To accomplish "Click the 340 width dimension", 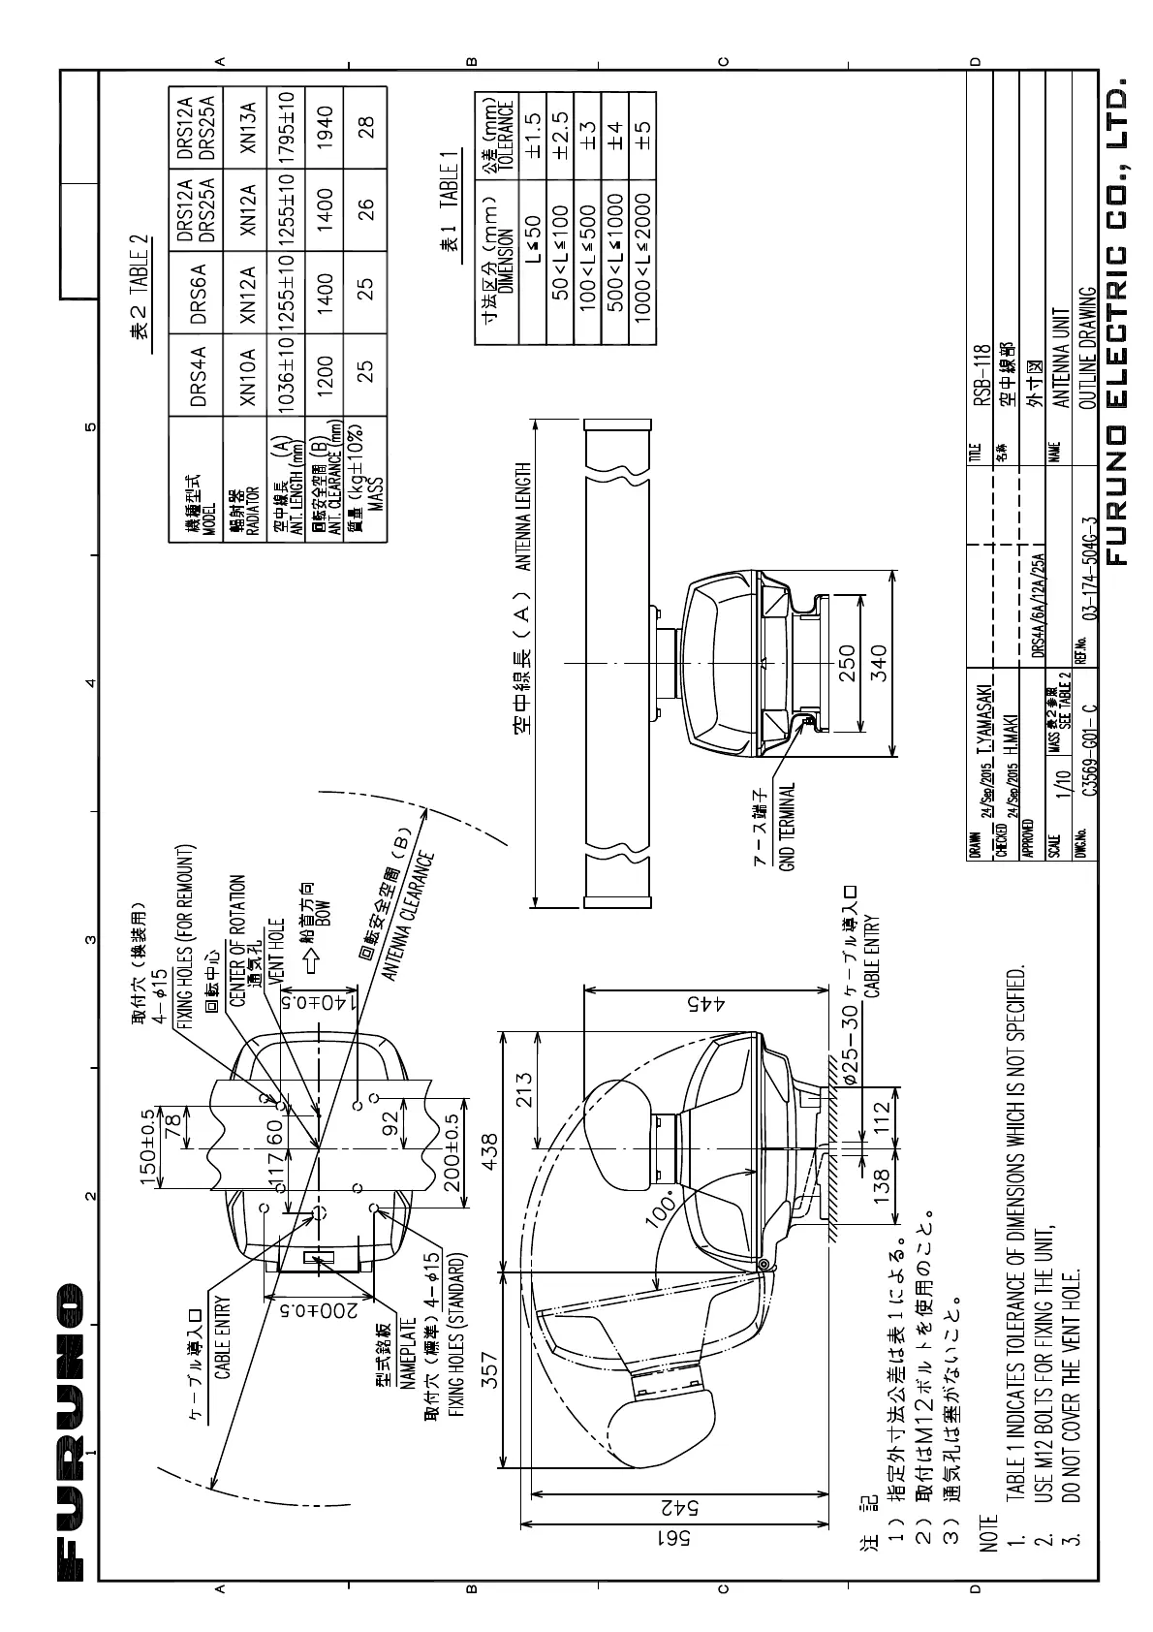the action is pos(878,665).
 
